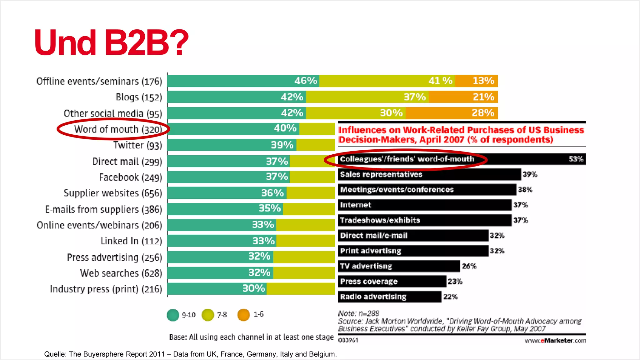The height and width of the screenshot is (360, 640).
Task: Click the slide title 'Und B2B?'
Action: tap(112, 42)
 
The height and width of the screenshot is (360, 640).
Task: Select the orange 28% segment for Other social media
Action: tap(452, 113)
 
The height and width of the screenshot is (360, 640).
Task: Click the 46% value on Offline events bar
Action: tap(305, 81)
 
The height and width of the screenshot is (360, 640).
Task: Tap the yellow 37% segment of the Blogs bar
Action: tap(367, 97)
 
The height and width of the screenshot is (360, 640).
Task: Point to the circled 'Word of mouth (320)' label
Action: tap(118, 129)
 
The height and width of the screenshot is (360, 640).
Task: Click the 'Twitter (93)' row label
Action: tap(137, 145)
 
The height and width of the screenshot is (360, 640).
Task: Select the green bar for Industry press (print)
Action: tap(217, 289)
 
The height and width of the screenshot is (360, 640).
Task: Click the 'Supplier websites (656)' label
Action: tap(113, 193)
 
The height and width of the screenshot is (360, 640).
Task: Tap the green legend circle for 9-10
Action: tap(173, 315)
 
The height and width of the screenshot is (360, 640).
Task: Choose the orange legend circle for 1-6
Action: tap(243, 315)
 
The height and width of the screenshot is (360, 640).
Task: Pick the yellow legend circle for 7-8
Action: tap(208, 315)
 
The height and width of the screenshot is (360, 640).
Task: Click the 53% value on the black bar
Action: tap(576, 159)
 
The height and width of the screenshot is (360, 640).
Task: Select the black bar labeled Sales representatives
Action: tap(429, 174)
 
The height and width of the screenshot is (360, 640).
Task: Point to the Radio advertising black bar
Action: tap(389, 297)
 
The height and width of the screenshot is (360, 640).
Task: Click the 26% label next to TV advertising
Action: tap(469, 266)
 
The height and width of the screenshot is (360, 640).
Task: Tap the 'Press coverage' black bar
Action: tap(392, 281)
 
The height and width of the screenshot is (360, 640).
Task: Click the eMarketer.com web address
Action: tap(555, 340)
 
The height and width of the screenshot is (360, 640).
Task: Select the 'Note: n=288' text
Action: tap(358, 313)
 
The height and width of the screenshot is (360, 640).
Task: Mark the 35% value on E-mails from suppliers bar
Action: tap(270, 208)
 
